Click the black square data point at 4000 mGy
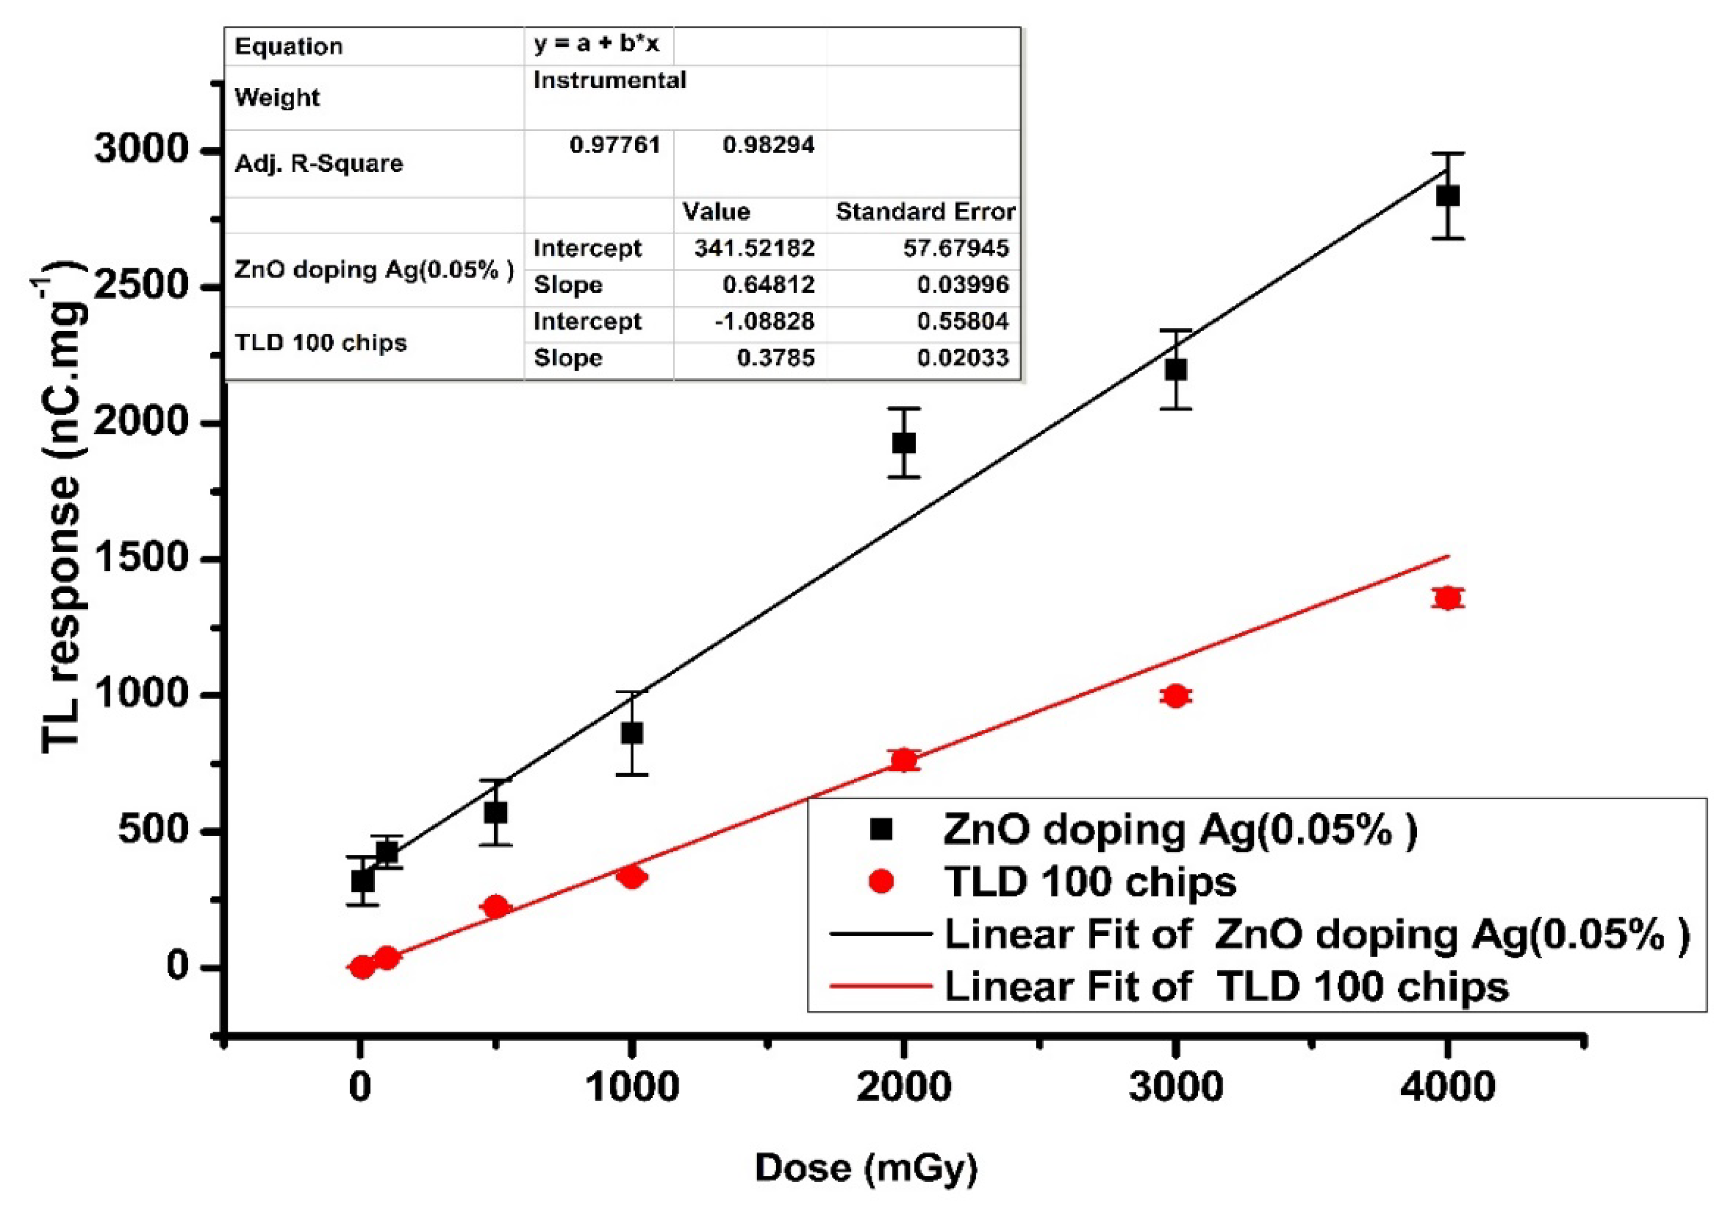[x=1447, y=196]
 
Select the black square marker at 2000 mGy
[x=904, y=443]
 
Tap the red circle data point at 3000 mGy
[x=1175, y=696]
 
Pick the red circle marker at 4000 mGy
[x=1447, y=599]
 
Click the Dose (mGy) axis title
[x=866, y=1168]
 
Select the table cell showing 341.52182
[x=754, y=248]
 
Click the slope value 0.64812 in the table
[x=768, y=285]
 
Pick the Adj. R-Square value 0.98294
[x=768, y=145]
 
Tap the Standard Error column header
[x=924, y=212]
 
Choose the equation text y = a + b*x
[x=596, y=44]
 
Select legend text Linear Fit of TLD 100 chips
[x=1226, y=987]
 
